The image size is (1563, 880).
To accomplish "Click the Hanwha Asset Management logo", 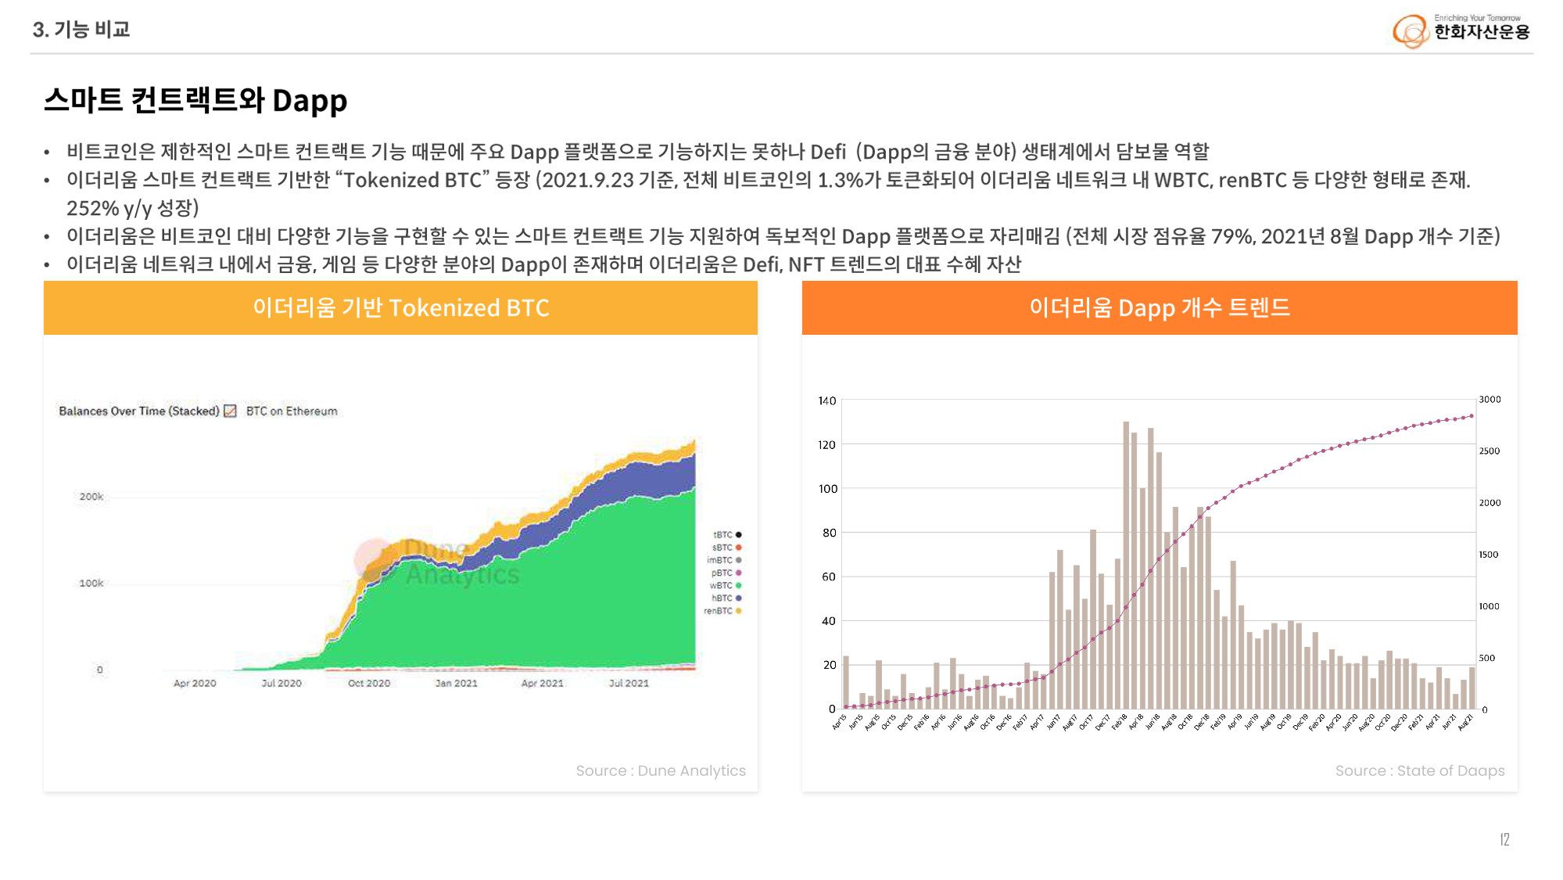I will coord(1461,31).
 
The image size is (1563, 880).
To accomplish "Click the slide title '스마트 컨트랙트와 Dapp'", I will coord(195,101).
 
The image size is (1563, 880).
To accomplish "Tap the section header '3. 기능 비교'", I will coord(81,30).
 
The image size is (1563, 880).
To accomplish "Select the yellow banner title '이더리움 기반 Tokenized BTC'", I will coord(400,308).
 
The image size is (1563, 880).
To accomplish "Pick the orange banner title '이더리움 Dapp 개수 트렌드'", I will coord(1159,308).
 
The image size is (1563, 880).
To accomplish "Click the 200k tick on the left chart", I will coord(91,497).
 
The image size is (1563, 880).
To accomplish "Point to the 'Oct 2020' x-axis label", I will coord(369,683).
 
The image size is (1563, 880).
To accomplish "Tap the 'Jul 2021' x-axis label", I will coord(629,683).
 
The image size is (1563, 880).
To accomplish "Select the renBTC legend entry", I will coord(722,611).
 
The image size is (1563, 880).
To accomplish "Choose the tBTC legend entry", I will coord(726,535).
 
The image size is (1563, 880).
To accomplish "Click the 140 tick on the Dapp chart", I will coord(827,400).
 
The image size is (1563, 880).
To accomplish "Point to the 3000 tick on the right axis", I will coord(1490,400).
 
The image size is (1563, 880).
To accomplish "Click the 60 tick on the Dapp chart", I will coord(829,576).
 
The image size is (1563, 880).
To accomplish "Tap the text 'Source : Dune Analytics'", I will coord(661,770).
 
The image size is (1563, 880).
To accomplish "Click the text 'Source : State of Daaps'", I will coord(1420,770).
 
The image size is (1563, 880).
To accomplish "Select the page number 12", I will coord(1504,839).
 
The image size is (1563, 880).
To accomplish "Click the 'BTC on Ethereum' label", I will coord(292,411).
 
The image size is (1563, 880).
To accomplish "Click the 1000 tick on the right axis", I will coord(1489,606).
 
